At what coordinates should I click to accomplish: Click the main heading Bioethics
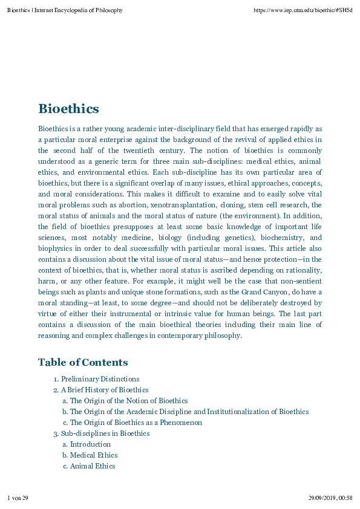point(68,109)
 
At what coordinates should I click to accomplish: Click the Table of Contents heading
point(83,362)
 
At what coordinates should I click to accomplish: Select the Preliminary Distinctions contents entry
point(100,379)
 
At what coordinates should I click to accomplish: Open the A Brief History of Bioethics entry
point(104,390)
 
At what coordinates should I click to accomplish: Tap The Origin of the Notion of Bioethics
point(129,401)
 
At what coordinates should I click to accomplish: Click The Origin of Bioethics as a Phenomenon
point(136,423)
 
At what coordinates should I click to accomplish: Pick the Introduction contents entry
point(90,444)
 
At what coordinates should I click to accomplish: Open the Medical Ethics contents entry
point(94,455)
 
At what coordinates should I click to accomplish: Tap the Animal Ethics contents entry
point(93,466)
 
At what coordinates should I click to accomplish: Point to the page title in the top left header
point(65,10)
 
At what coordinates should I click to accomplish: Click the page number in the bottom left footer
point(18,498)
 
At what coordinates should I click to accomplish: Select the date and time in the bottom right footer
point(330,498)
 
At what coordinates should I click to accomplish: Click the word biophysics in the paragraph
point(56,249)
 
